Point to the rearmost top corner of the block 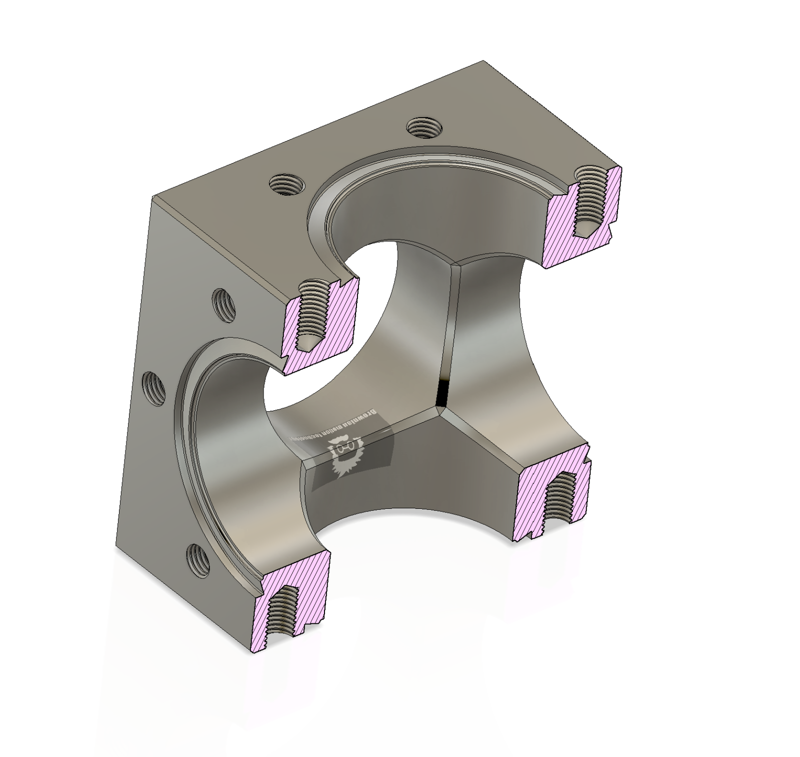point(483,61)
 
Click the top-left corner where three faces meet point(153,198)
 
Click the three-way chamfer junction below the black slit point(437,411)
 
